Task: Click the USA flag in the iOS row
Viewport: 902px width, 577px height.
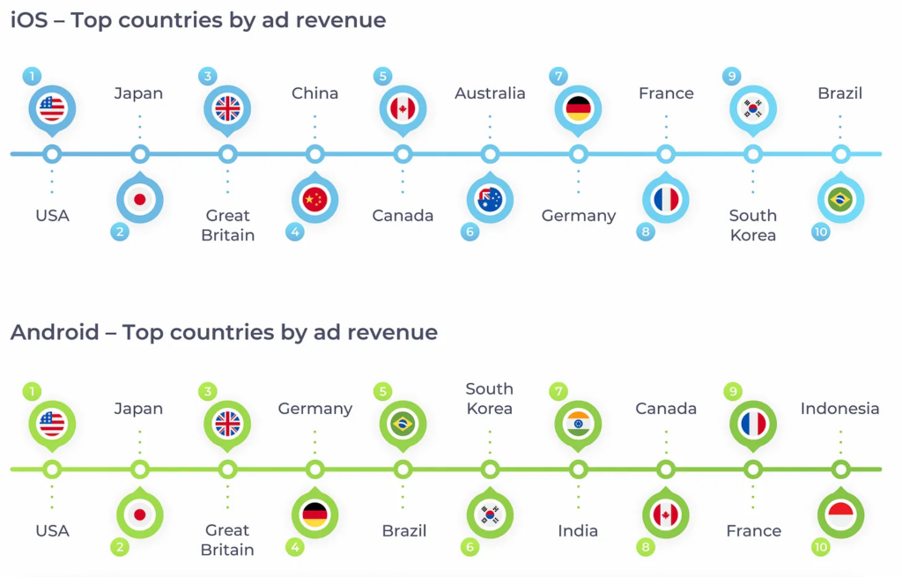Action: coord(52,108)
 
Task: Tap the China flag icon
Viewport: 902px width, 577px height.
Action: coord(314,200)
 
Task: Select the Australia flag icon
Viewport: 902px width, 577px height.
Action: coord(490,200)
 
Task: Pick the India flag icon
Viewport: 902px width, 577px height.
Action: coord(579,424)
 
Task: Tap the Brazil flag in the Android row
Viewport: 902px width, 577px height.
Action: coord(403,424)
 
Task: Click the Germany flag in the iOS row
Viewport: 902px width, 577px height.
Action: coord(579,108)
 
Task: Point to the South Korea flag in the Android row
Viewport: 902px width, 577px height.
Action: coord(490,514)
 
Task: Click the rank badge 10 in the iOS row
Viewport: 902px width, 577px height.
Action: coord(821,233)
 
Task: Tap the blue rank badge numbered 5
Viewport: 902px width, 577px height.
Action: coord(382,77)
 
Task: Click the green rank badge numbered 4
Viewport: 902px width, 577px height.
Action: coord(295,547)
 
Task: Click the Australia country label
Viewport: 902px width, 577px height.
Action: coord(490,93)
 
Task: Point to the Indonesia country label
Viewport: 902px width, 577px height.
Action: coord(839,408)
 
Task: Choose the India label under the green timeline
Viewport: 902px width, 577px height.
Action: coord(578,530)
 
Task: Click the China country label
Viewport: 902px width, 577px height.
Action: coord(314,93)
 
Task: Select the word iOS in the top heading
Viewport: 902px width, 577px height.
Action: coord(30,20)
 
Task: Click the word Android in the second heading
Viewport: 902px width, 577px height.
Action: coord(55,332)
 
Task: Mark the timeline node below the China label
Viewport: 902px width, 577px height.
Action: coord(314,154)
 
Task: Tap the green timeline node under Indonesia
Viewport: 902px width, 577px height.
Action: coord(840,469)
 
